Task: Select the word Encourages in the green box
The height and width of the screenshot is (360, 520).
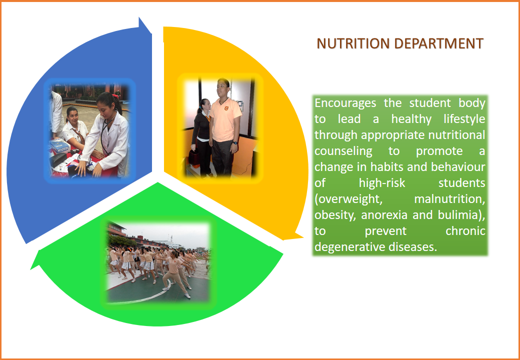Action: (345, 103)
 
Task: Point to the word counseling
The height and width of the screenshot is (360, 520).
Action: (343, 151)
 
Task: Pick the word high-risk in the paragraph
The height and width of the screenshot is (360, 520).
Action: (382, 182)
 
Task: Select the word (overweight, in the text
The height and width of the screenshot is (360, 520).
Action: (346, 199)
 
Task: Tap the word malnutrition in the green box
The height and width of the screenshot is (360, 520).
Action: (449, 199)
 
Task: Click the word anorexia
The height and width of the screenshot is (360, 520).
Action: (384, 215)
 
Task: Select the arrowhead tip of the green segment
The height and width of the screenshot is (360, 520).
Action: (31, 269)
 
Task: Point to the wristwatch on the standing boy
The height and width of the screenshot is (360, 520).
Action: (235, 143)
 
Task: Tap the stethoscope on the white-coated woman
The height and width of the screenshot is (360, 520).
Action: (106, 132)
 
